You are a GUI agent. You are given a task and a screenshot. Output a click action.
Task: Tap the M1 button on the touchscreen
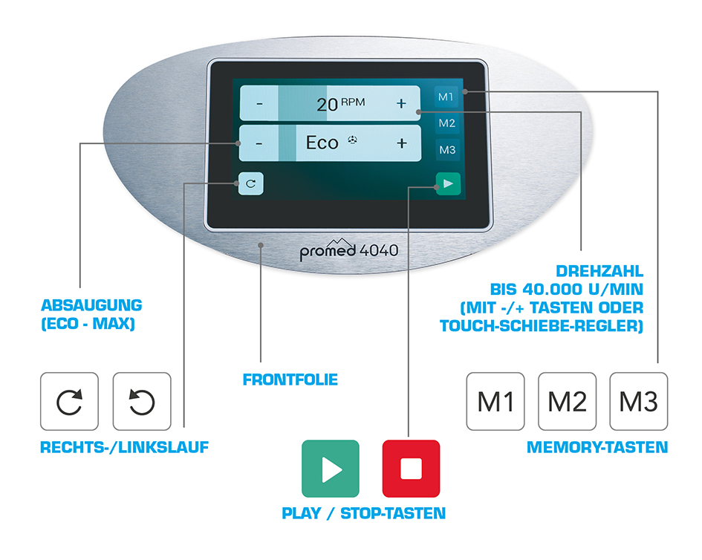coord(446,97)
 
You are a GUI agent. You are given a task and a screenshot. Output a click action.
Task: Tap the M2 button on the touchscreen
coord(446,123)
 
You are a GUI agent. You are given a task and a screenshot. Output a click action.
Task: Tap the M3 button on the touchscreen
coord(447,150)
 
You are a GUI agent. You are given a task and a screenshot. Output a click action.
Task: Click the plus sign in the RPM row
coord(401,104)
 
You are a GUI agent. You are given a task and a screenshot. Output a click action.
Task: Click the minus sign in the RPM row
coord(259,105)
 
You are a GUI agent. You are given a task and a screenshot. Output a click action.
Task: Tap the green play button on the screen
coord(448,183)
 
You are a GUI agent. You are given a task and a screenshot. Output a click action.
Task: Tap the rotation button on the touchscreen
coord(251,183)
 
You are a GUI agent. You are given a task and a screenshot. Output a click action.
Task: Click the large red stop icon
coord(411,469)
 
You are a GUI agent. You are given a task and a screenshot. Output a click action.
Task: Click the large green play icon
coord(331,469)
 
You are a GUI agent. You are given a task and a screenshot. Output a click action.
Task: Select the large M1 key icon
coord(495,402)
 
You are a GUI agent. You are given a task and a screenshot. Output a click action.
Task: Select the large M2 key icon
coord(568,402)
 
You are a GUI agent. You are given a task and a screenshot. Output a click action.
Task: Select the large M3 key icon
coord(638,402)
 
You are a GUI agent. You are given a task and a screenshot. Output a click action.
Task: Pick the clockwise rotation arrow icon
coord(69,402)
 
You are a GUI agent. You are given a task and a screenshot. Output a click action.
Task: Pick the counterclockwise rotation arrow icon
coord(142,402)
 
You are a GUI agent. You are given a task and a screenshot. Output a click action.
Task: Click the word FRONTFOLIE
coord(290,380)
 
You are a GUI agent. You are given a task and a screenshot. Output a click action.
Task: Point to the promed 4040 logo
coord(348,250)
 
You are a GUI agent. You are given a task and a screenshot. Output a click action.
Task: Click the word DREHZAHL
coord(599,271)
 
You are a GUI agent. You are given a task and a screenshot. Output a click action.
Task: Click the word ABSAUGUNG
coord(92,305)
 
